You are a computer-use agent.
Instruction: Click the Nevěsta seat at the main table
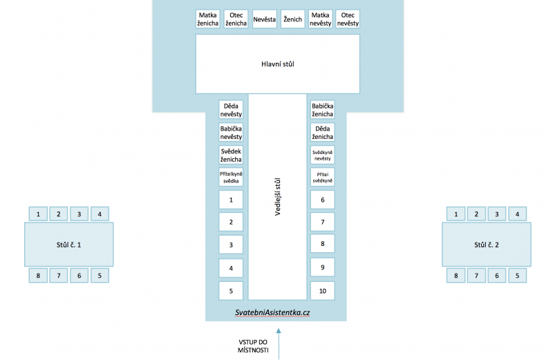coord(265,19)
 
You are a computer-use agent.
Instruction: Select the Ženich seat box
coord(292,19)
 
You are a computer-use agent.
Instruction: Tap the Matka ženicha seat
coord(208,19)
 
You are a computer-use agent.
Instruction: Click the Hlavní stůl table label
coord(277,64)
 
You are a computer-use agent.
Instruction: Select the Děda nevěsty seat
coord(231,111)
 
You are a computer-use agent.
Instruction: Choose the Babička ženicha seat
coord(322,111)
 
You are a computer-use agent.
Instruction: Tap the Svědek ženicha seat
coord(231,155)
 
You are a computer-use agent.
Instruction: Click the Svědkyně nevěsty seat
coord(322,155)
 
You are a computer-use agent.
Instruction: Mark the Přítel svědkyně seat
coord(322,178)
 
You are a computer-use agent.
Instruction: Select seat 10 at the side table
coord(322,290)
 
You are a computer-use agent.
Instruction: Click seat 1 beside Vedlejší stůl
coord(231,200)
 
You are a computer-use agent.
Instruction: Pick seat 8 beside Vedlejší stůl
coord(322,245)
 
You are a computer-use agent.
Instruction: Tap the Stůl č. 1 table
coord(69,245)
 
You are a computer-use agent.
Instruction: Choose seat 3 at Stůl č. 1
coord(79,214)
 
